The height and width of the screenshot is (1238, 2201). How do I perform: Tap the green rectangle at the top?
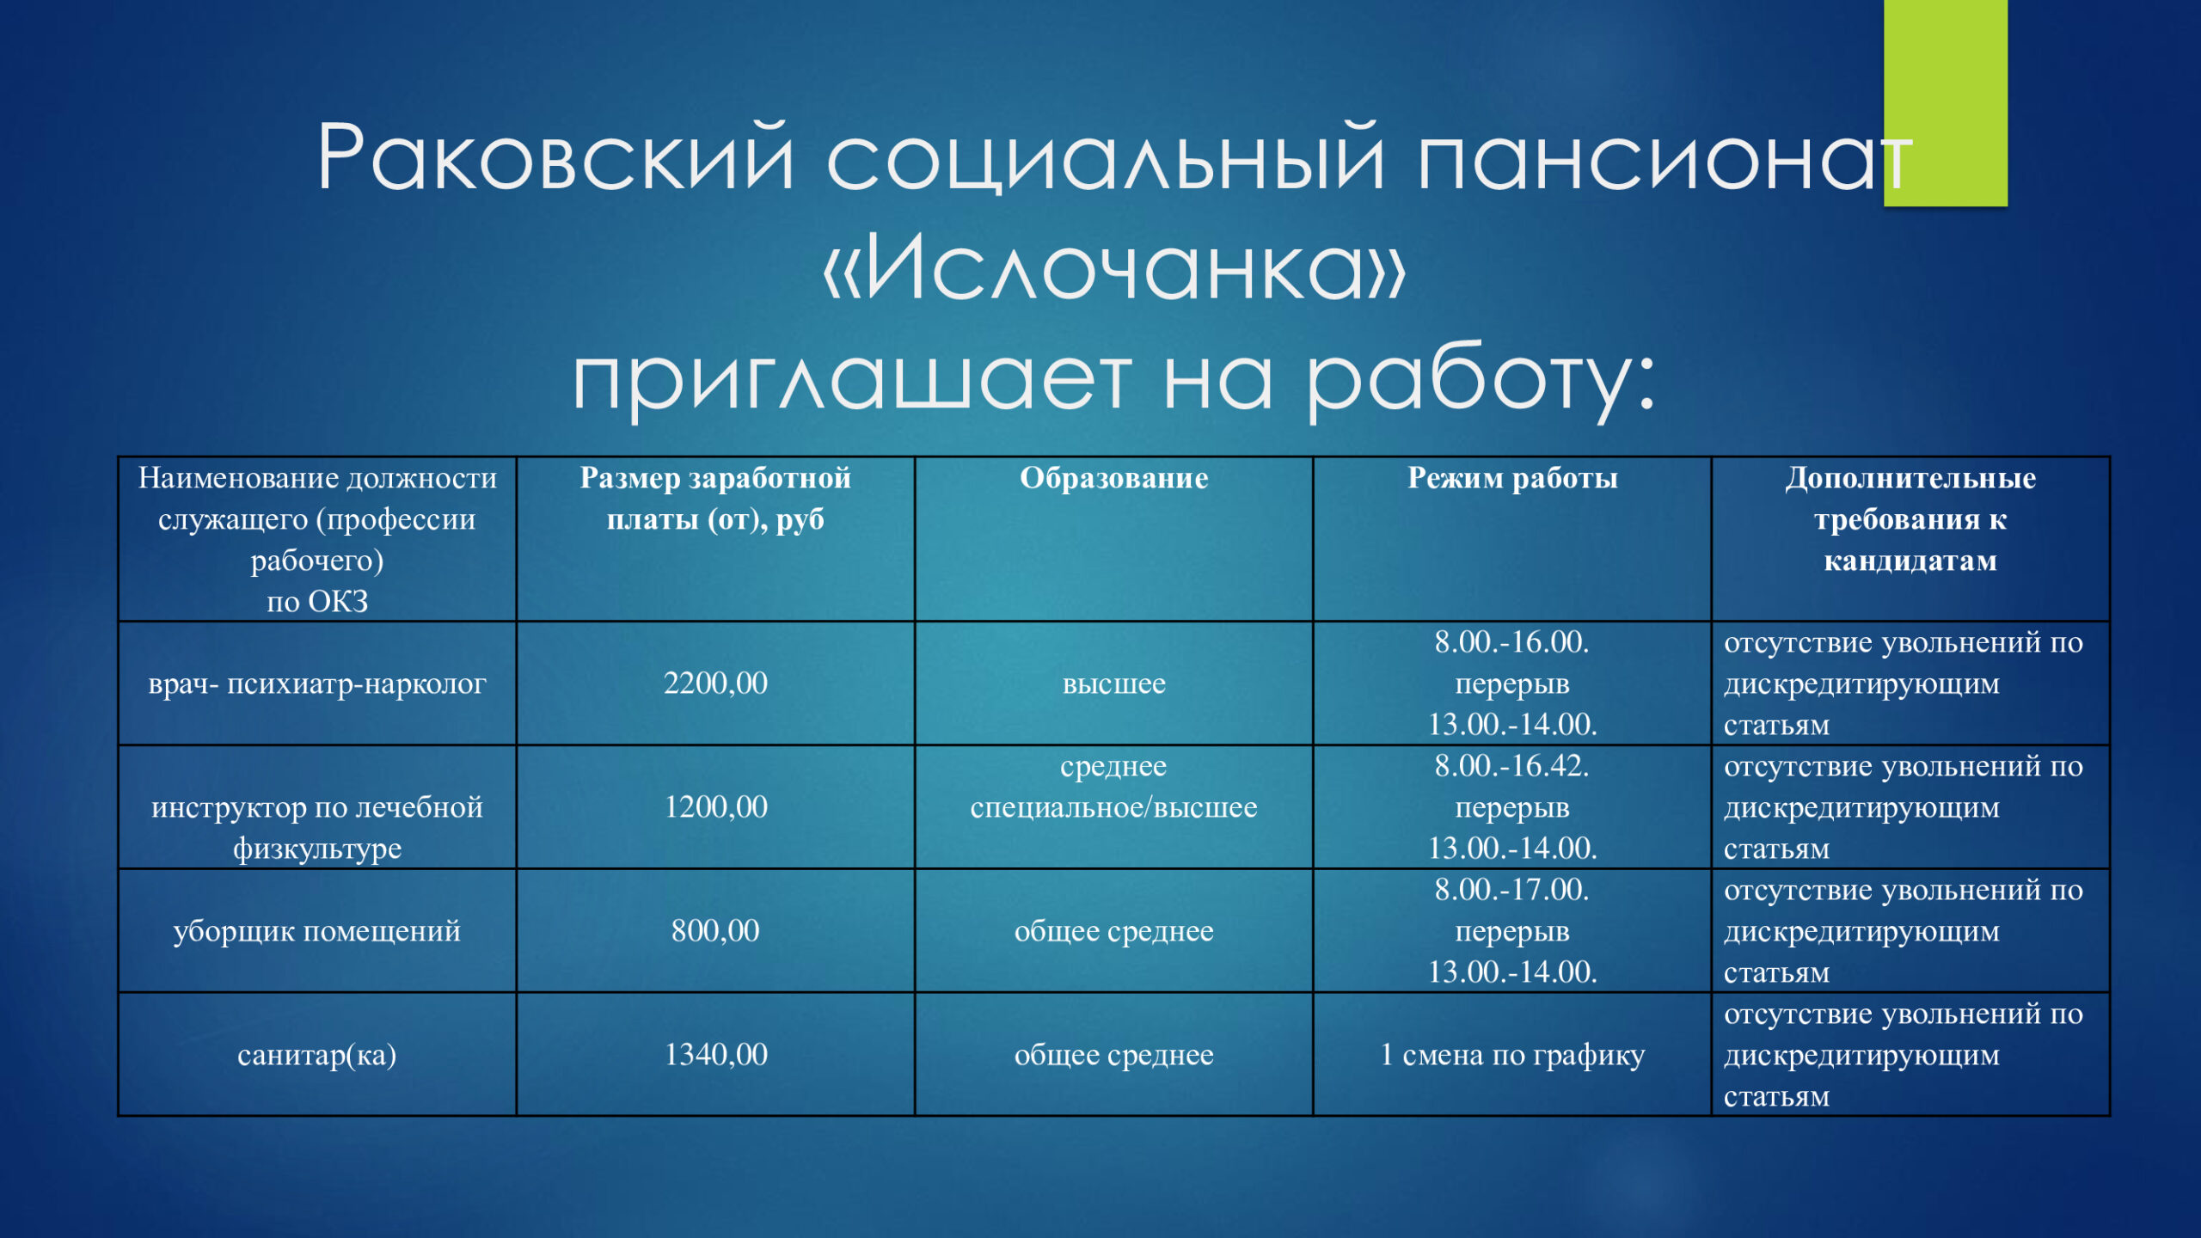point(1945,102)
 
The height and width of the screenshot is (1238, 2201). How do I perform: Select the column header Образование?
point(1113,478)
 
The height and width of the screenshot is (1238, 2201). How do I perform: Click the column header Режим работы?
point(1512,478)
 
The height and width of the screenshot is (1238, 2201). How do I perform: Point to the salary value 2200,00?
point(715,683)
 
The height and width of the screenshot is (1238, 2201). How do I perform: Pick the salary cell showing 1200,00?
point(715,807)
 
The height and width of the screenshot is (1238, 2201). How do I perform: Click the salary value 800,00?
point(715,931)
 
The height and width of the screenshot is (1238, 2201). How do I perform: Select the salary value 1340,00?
point(715,1055)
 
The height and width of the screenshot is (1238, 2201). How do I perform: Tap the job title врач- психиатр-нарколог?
point(317,684)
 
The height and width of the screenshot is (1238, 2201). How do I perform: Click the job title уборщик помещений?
point(317,932)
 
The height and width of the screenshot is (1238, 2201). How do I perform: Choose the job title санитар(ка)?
point(317,1056)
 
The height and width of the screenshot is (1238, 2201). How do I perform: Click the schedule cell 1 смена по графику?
point(1512,1056)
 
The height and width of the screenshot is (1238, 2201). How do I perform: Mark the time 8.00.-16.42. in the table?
point(1512,765)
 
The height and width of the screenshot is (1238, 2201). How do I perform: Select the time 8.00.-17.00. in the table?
point(1512,889)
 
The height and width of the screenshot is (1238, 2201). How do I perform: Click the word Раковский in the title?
point(555,157)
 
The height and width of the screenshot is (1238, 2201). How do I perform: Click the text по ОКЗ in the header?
point(317,602)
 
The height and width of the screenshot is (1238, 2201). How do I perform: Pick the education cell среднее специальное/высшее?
point(1113,787)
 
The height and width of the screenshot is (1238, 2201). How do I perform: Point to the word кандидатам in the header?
point(1910,561)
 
